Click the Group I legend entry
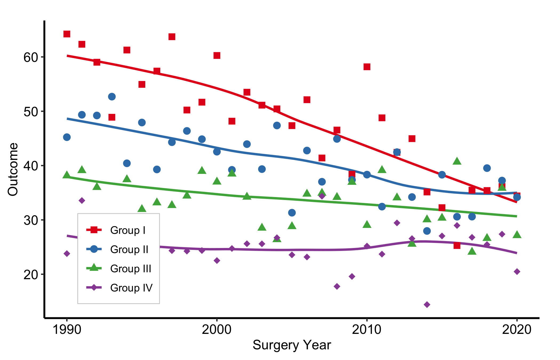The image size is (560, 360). pos(116,230)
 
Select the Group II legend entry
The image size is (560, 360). pos(117,249)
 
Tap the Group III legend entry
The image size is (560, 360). pos(119,269)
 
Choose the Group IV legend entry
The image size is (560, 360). pos(119,288)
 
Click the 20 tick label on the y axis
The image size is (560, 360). pos(31,274)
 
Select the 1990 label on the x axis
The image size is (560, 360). pos(67,330)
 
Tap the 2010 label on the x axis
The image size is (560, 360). pos(367,330)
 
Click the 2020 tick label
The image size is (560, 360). pos(517,330)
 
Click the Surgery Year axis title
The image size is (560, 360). pos(292,345)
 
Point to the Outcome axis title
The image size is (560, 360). pos(13,170)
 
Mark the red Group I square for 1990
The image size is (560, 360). pos(67,34)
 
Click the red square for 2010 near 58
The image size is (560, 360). pos(367,67)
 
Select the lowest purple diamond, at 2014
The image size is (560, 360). pos(427,305)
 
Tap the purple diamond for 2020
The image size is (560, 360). pos(517,271)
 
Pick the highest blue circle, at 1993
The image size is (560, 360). pos(112,97)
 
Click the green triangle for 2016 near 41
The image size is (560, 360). pos(457,161)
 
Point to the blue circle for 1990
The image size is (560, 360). pos(67,137)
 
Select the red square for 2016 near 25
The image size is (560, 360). pos(457,245)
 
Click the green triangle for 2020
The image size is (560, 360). pos(517,234)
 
